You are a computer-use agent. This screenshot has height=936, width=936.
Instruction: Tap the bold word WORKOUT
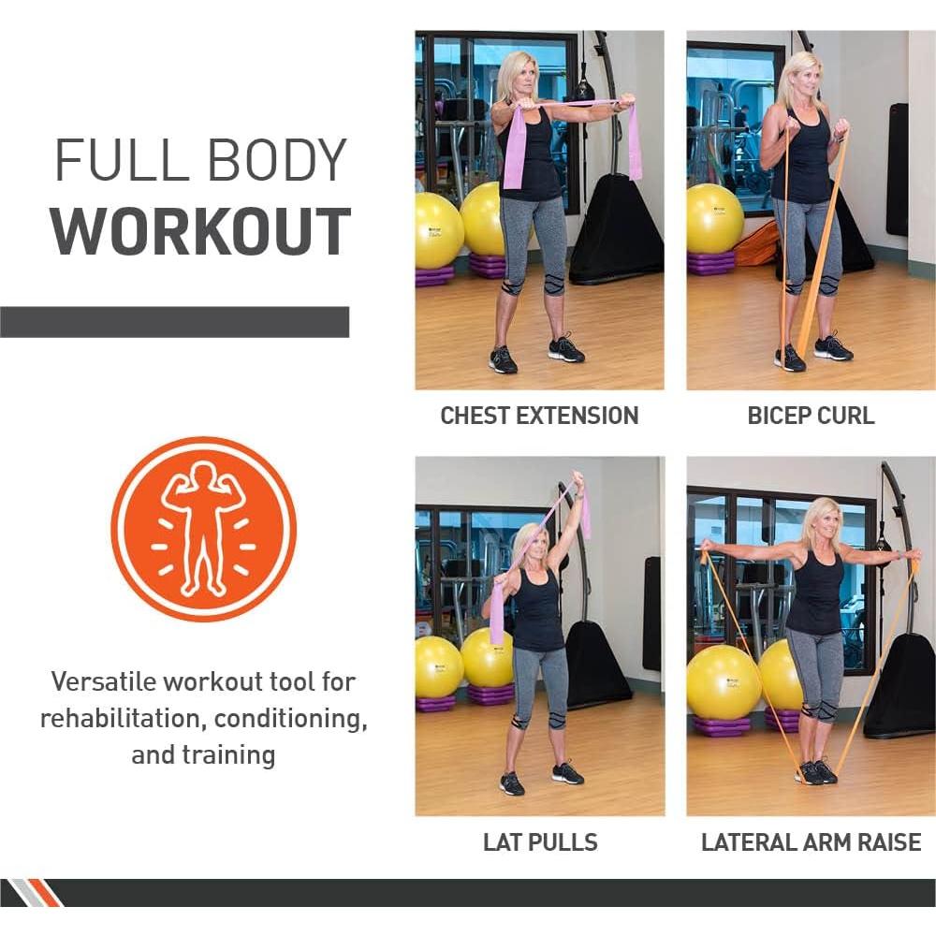[200, 232]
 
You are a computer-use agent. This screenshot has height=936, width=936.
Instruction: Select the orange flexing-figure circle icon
[203, 530]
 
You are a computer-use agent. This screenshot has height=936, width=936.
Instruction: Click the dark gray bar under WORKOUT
[174, 322]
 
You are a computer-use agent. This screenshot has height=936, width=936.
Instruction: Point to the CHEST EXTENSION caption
[539, 416]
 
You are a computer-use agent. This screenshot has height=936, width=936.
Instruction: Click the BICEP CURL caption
[811, 416]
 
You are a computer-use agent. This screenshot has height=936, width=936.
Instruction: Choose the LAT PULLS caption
[539, 841]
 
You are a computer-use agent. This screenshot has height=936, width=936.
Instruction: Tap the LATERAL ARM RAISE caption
[811, 841]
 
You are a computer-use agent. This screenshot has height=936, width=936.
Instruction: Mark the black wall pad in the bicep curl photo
[897, 168]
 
